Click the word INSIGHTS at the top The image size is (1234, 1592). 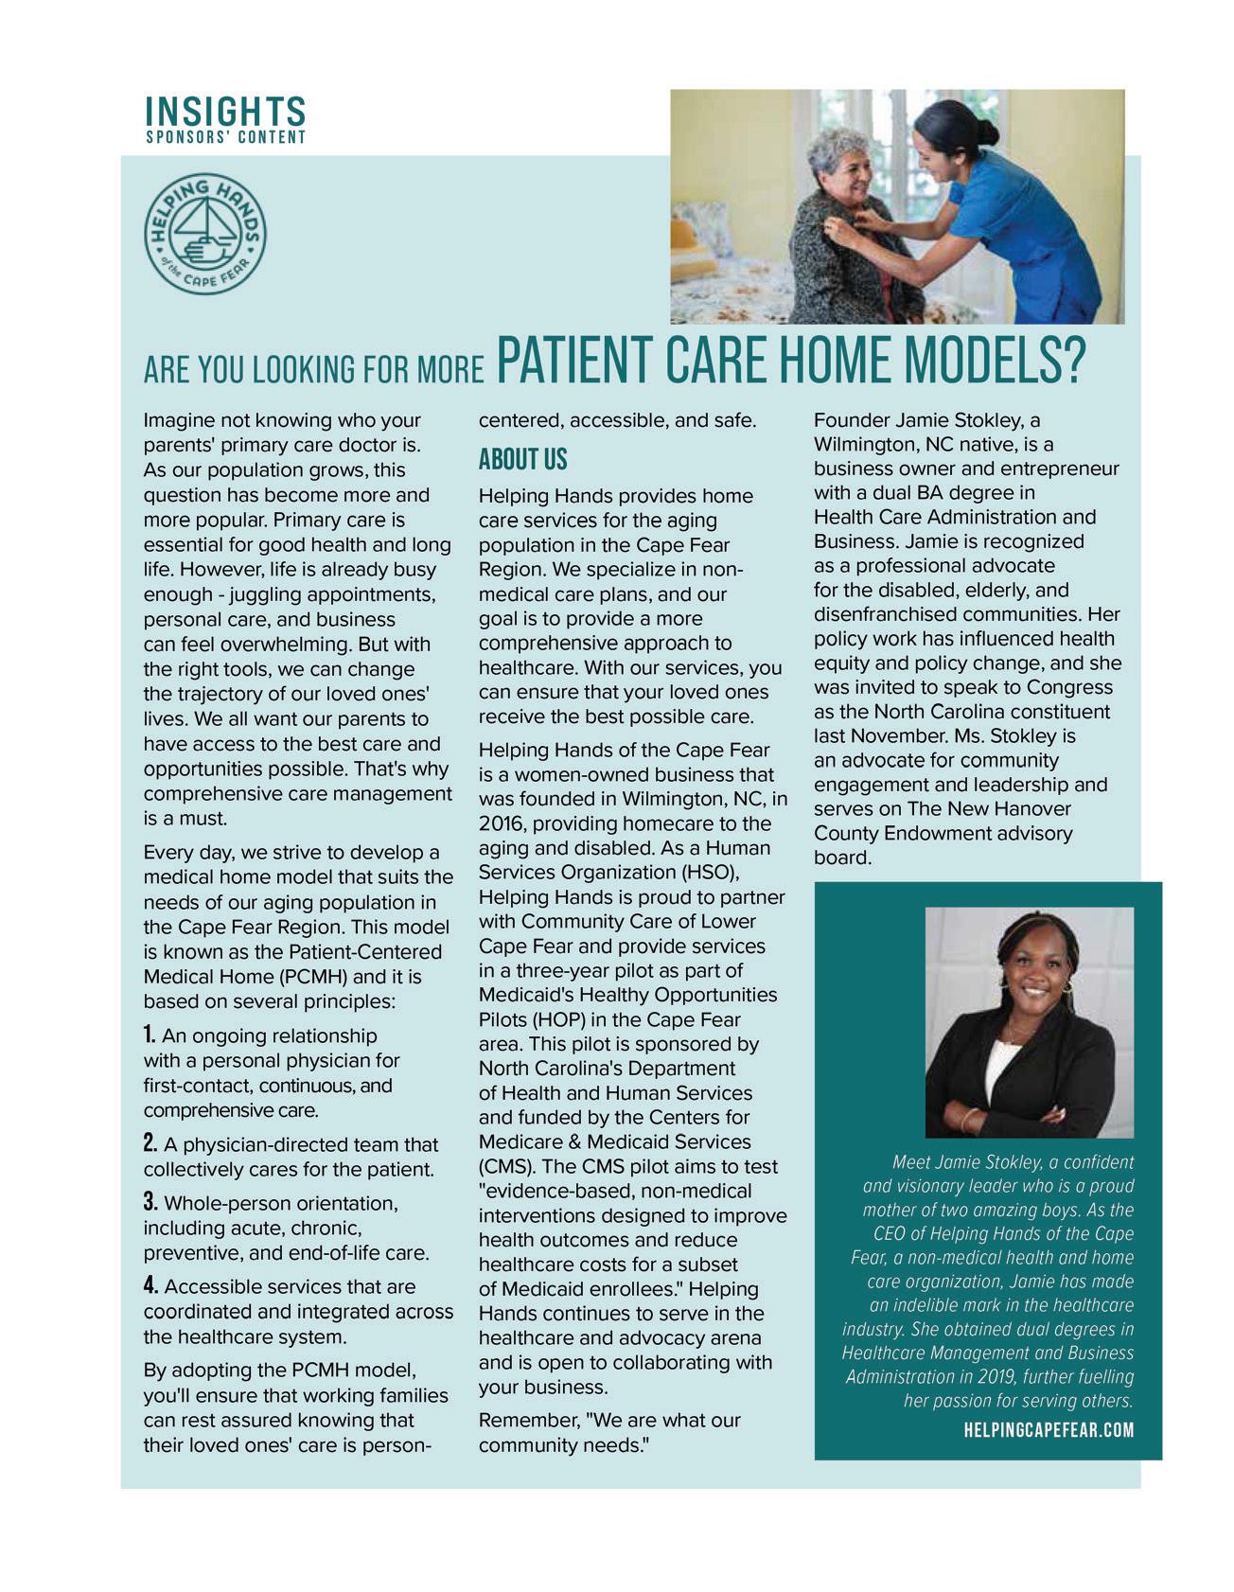[x=225, y=111]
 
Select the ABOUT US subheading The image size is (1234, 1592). [x=522, y=460]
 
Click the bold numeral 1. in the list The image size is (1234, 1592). [x=150, y=1035]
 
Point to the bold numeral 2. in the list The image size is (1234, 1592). [x=151, y=1143]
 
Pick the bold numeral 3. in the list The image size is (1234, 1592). [x=151, y=1202]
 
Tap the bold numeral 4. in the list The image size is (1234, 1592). [x=151, y=1285]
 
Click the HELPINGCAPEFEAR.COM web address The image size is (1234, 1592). [x=1049, y=1429]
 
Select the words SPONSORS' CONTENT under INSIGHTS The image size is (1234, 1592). [x=225, y=137]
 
